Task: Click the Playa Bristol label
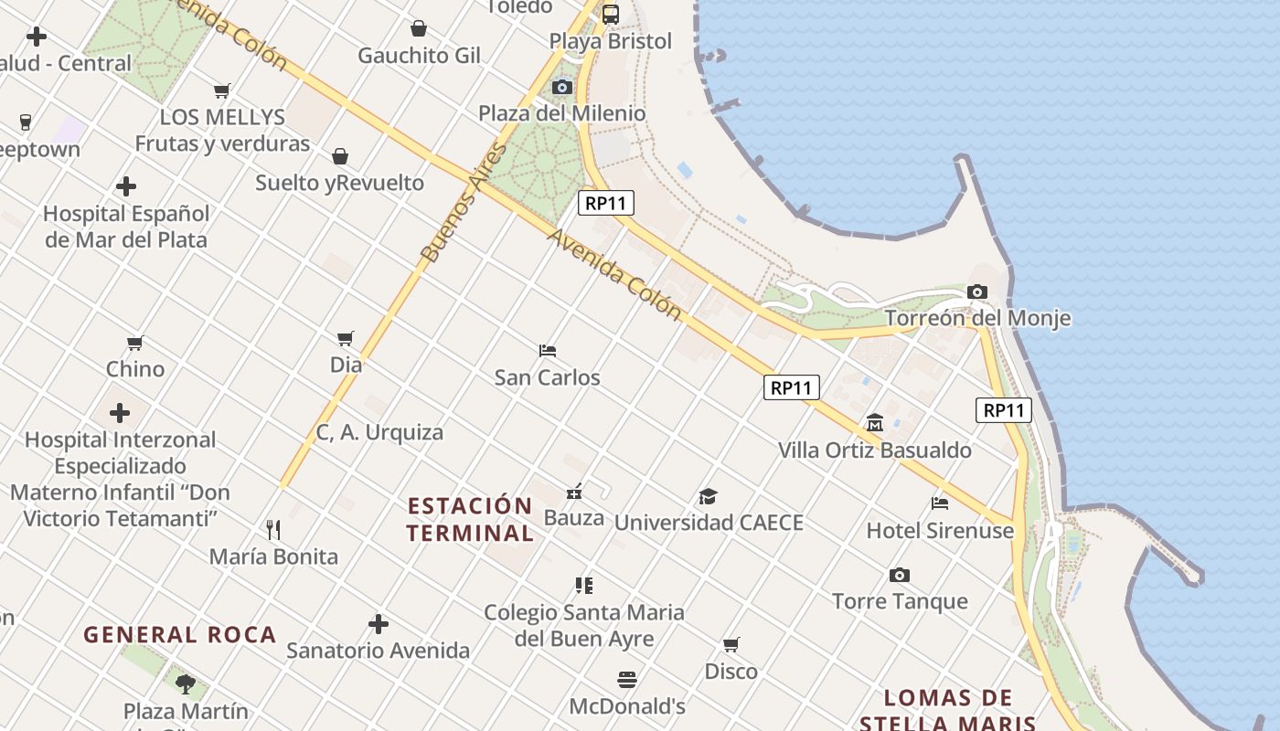610,41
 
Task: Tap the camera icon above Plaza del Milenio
562,88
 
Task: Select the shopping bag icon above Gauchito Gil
419,28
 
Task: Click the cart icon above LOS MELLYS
221,90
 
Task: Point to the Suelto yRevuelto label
339,183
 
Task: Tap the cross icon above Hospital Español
126,187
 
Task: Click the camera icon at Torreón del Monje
977,292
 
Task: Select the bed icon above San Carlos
548,350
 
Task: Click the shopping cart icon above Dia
346,339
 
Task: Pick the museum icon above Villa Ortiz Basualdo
875,423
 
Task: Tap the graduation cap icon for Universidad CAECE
709,496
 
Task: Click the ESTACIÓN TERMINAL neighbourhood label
470,519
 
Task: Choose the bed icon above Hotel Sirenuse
939,503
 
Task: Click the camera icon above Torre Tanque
900,575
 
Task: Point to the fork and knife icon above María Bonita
272,529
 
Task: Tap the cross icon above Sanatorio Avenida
379,624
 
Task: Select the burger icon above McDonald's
627,680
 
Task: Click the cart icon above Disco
731,645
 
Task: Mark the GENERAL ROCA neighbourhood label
179,634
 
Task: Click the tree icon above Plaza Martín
186,683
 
